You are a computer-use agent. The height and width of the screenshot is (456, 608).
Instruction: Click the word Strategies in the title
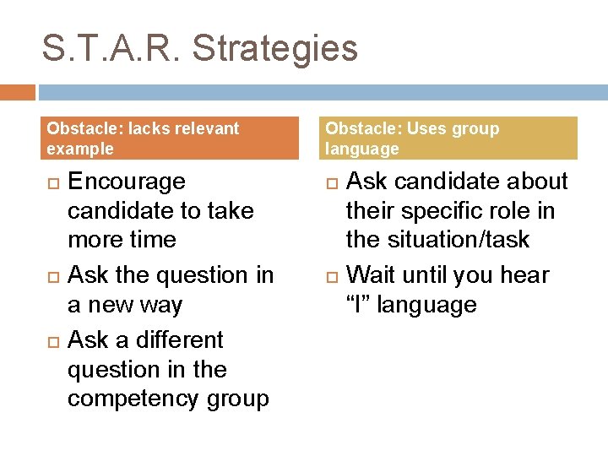[275, 49]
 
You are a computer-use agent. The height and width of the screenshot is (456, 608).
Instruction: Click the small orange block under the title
[17, 92]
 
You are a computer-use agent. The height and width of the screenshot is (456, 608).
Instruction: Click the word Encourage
[126, 182]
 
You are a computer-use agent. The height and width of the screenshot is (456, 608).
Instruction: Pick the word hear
[523, 274]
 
